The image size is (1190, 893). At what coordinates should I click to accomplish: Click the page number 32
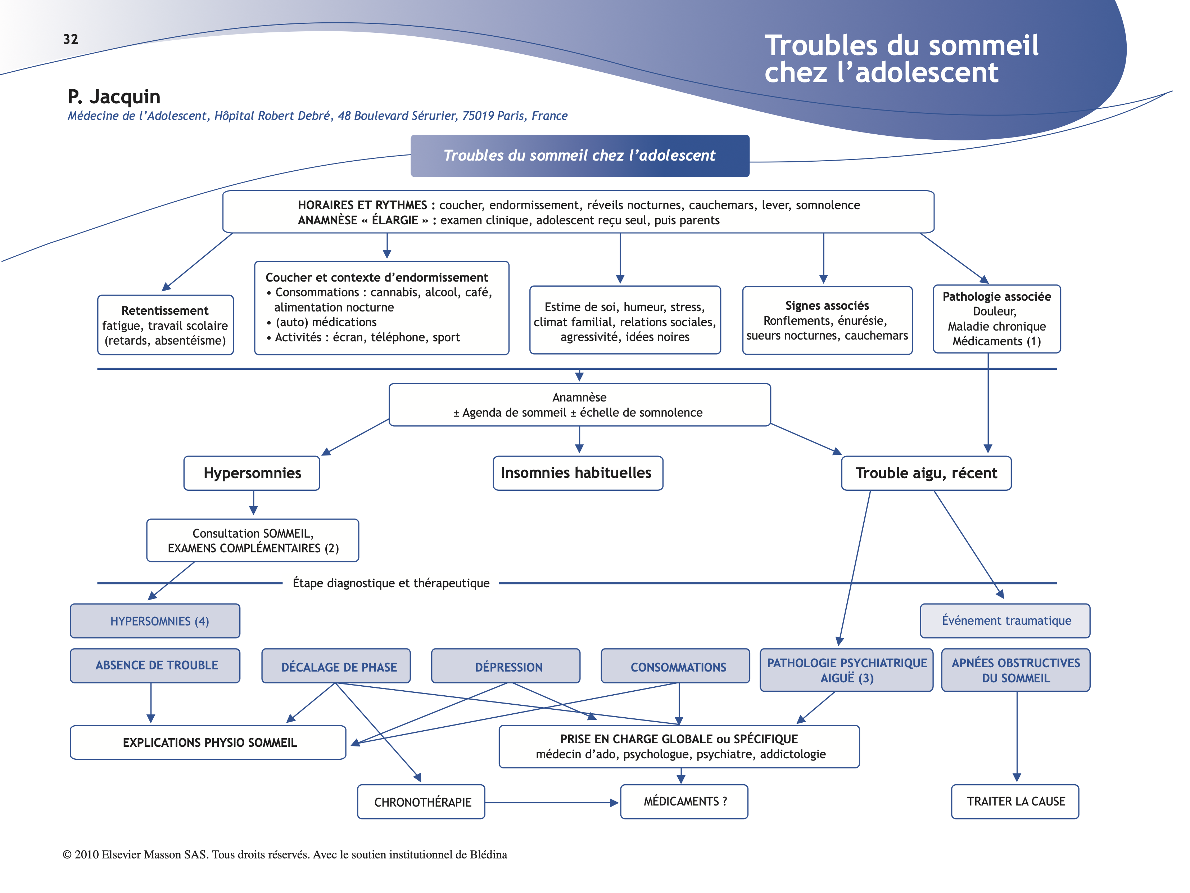coord(71,39)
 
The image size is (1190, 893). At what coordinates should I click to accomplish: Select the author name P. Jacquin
coord(114,97)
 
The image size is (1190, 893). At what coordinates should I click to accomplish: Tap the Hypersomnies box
coord(252,473)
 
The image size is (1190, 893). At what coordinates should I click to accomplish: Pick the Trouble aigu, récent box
coord(926,473)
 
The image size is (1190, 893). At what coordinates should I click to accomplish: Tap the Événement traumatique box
coord(1005,621)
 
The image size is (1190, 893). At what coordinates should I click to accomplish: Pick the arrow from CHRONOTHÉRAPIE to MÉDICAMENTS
coord(551,803)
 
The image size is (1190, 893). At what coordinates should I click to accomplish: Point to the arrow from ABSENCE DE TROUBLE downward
coord(151,703)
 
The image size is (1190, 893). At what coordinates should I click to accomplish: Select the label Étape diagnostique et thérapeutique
coord(391,583)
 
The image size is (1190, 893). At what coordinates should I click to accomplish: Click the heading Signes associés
coord(827,306)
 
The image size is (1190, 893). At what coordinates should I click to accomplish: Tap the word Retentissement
coord(164,311)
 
